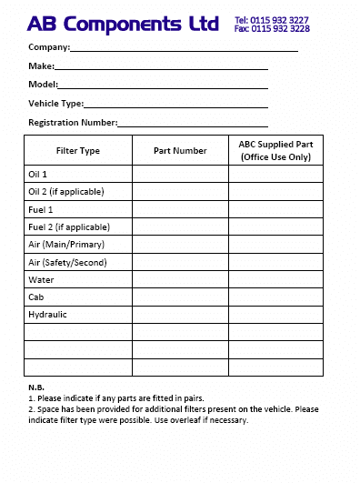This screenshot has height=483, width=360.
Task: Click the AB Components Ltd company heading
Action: tap(123, 24)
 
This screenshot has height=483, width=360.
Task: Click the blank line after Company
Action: tap(184, 49)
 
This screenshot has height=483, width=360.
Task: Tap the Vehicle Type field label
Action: tap(55, 104)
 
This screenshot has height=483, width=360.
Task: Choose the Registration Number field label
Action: tap(72, 122)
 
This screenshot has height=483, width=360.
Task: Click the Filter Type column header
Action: tap(78, 150)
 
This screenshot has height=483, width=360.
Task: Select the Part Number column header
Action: tap(180, 150)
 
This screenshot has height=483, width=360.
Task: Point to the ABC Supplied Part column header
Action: tap(275, 150)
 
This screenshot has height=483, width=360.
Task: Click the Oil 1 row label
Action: tap(38, 174)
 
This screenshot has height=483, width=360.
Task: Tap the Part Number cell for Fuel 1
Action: tap(180, 209)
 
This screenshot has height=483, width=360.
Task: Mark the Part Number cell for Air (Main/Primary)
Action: tap(180, 245)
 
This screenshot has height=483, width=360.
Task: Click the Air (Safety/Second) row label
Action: tap(68, 262)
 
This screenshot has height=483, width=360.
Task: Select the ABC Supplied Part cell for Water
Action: tap(275, 280)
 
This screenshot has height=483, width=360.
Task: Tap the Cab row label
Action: tap(36, 297)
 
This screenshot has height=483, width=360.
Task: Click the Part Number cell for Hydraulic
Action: tap(180, 315)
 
